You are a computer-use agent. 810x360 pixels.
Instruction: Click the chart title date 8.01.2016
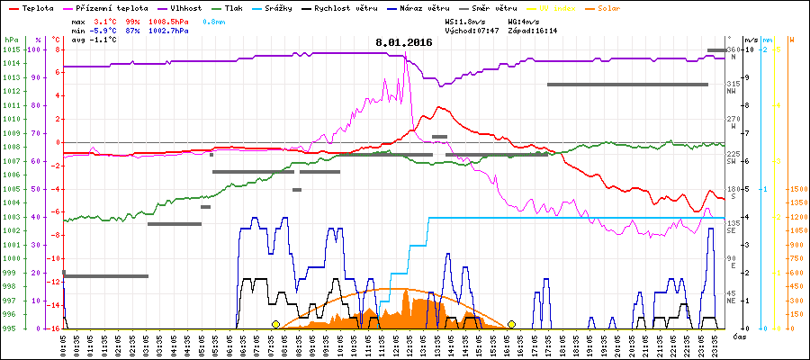(x=404, y=41)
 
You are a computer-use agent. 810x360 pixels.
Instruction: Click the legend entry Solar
(x=608, y=7)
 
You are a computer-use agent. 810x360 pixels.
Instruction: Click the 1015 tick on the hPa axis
(x=11, y=49)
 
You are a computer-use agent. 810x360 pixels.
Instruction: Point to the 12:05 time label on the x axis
(x=397, y=343)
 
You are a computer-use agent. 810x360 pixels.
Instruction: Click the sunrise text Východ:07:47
(x=471, y=30)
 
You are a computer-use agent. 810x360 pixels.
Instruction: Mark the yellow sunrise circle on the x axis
(x=275, y=324)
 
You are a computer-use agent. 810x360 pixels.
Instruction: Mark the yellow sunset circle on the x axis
(x=511, y=324)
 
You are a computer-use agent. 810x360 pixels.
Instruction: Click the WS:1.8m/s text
(x=465, y=20)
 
